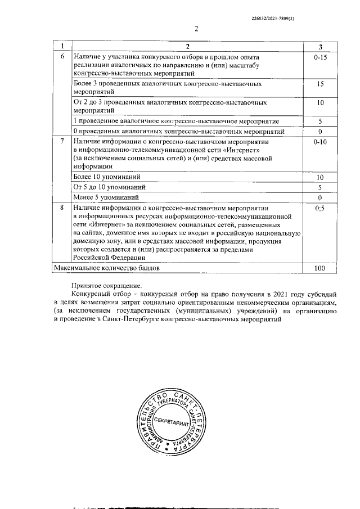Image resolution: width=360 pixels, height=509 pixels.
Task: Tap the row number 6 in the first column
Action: (62, 57)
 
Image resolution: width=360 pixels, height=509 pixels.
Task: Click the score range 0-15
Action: (320, 57)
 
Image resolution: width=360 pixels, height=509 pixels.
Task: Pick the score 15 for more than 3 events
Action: (320, 84)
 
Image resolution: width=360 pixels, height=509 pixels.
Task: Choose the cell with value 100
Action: (320, 269)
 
